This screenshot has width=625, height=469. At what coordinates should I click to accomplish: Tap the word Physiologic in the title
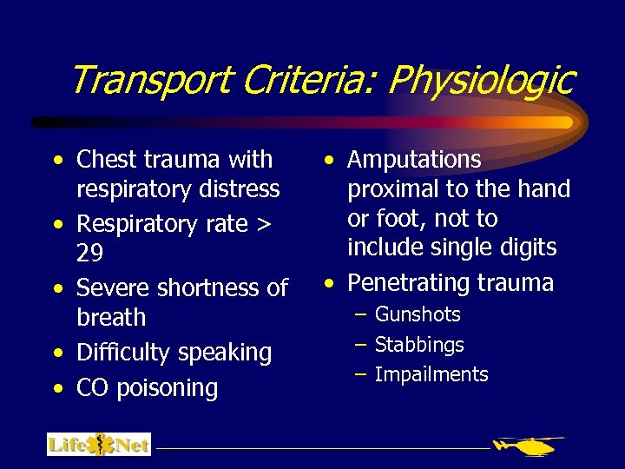click(x=482, y=80)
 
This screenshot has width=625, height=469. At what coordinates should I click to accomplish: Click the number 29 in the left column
click(x=90, y=254)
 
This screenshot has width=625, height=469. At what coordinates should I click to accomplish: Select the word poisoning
click(x=167, y=388)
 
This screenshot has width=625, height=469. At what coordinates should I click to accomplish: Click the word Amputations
click(x=414, y=160)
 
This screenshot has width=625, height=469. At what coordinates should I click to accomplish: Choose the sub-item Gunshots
click(x=418, y=314)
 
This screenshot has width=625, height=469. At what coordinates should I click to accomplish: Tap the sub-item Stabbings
click(x=419, y=345)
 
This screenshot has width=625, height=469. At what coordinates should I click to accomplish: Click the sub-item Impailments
click(x=431, y=375)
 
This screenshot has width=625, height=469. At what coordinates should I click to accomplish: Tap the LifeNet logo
click(x=99, y=445)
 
